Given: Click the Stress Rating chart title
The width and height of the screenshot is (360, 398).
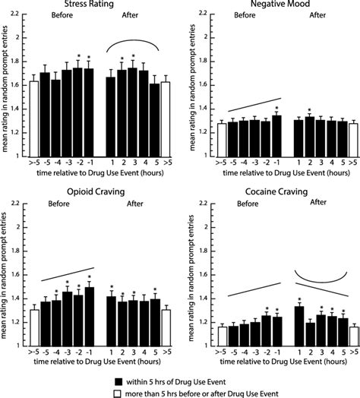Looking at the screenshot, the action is (x=89, y=4).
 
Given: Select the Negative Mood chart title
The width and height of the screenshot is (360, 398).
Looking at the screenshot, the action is (x=280, y=4).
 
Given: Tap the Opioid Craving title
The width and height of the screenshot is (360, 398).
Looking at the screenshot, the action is (x=96, y=191).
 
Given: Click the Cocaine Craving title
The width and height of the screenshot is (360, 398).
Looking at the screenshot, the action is (x=276, y=191).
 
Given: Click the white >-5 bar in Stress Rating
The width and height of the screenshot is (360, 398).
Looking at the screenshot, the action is (x=34, y=118).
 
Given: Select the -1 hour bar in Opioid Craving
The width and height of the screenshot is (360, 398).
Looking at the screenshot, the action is (x=90, y=317).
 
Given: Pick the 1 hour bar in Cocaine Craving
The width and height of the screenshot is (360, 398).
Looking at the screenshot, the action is (x=299, y=326).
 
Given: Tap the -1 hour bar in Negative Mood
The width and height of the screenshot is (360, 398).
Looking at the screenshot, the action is (x=277, y=136).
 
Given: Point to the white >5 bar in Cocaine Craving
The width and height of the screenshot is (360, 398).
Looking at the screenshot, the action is (x=354, y=336).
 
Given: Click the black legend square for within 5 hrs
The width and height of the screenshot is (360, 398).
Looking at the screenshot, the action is (x=118, y=382).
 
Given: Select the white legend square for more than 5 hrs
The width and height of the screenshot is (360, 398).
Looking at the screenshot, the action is (x=117, y=394).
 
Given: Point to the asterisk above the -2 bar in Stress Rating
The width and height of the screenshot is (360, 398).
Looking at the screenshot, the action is (x=79, y=56).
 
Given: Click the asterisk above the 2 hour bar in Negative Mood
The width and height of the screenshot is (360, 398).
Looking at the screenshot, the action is (x=310, y=110).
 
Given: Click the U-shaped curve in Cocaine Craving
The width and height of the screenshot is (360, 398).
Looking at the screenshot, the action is (x=321, y=283).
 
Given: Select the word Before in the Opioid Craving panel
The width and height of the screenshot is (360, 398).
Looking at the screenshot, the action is (x=58, y=204).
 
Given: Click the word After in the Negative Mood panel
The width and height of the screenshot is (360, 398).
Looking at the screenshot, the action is (x=317, y=15).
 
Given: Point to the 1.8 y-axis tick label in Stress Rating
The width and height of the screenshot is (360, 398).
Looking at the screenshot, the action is (x=14, y=62).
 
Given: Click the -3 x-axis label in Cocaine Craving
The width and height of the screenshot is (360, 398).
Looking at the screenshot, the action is (x=256, y=352).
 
